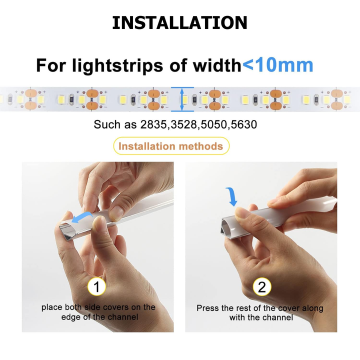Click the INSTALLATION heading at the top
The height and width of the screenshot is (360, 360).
click(179, 23)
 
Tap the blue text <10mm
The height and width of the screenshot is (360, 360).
click(278, 65)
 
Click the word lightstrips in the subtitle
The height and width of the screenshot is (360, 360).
click(117, 65)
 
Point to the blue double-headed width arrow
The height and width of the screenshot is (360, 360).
click(182, 99)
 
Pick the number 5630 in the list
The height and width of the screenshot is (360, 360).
click(244, 124)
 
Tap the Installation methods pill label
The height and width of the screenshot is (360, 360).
click(171, 146)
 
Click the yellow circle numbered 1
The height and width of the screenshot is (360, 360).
click(96, 286)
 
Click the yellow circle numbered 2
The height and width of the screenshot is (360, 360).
click(262, 287)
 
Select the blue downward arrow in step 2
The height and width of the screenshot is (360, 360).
click(232, 197)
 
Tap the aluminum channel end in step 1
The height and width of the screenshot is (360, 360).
click(66, 232)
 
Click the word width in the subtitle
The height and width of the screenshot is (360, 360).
click(216, 65)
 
